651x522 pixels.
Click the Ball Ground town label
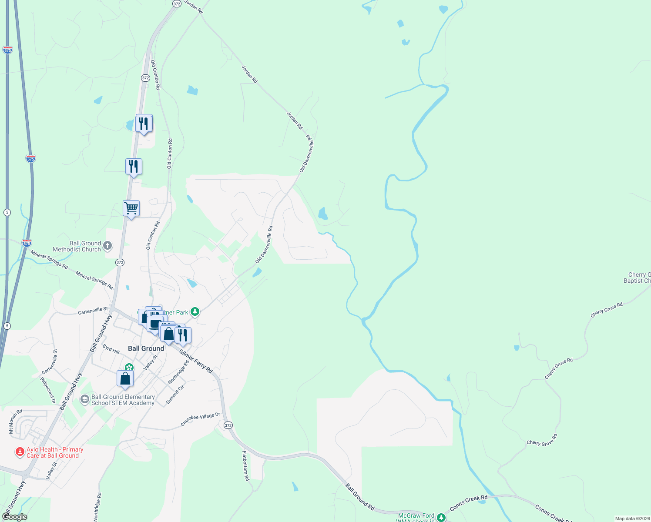146,348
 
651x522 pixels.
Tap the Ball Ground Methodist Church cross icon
107,246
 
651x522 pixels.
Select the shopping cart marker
131,209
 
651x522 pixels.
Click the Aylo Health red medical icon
20,452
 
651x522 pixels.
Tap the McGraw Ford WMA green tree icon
441,517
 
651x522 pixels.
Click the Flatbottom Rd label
246,465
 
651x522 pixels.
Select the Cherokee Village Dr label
200,419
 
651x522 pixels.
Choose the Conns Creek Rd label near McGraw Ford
469,503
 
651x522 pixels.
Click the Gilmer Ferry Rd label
196,361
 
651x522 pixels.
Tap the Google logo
15,516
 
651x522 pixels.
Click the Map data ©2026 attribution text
632,519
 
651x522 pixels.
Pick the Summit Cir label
175,394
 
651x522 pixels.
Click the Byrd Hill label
111,349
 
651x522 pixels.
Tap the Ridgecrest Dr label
48,390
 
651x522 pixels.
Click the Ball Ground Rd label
360,496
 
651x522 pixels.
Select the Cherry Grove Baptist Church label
638,278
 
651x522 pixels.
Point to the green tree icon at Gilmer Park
195,311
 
